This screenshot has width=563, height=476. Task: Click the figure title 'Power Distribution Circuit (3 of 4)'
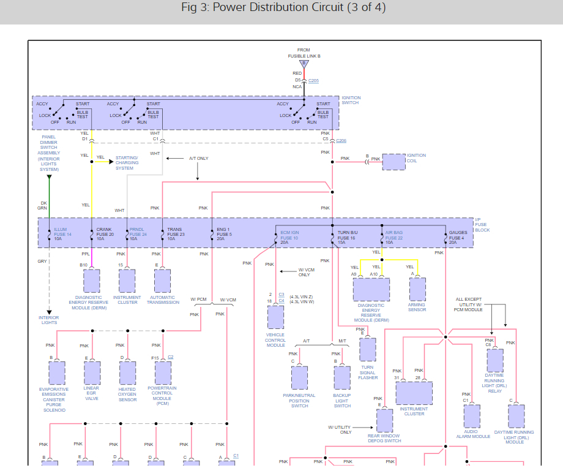click(x=283, y=8)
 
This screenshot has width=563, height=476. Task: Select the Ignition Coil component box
click(x=393, y=162)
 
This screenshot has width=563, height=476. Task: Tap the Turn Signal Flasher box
click(x=368, y=349)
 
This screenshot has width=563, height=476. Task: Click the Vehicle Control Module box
click(x=275, y=317)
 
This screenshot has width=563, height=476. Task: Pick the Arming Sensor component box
click(x=417, y=289)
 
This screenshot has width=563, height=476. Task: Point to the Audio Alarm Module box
click(x=472, y=416)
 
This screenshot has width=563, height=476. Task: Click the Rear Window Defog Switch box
click(x=384, y=420)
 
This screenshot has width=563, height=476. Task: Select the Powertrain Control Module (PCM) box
click(x=163, y=372)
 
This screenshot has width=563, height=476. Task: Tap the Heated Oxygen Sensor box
click(x=127, y=372)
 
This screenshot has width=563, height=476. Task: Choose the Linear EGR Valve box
click(x=92, y=372)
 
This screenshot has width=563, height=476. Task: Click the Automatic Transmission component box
click(x=163, y=281)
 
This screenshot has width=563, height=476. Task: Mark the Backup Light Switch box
click(x=342, y=378)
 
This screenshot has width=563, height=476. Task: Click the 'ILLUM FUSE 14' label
click(x=62, y=234)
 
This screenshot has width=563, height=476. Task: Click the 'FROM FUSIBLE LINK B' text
click(x=304, y=53)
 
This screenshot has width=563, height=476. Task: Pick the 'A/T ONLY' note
click(x=198, y=158)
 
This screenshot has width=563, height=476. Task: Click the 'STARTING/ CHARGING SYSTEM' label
click(x=127, y=163)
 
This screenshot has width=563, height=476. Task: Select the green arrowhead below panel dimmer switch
click(x=50, y=178)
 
